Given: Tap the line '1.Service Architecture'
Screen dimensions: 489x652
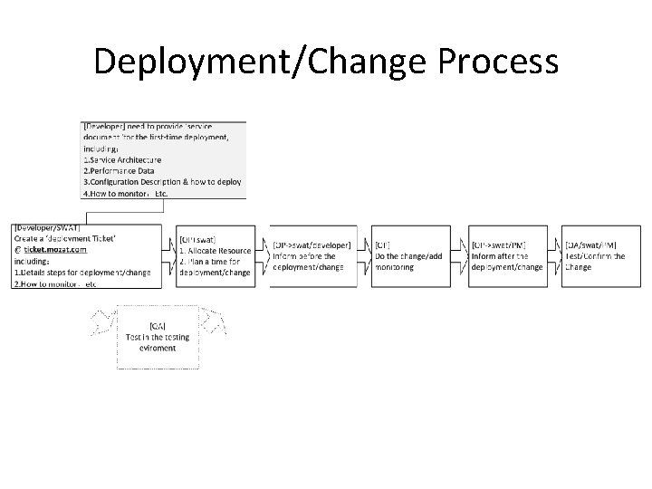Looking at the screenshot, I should (129, 160).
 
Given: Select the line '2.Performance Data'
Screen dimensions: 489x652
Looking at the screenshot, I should (124, 170).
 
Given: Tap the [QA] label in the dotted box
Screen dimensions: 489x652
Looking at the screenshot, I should (157, 325).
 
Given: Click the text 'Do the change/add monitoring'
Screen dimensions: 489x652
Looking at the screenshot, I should (407, 262).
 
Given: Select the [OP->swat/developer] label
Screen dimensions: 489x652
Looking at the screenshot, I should (312, 244).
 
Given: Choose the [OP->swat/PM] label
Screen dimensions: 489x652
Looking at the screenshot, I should (499, 244).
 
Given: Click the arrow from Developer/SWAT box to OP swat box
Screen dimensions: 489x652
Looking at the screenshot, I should (169, 256).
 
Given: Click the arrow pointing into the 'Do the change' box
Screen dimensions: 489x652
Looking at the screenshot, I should (363, 256).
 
